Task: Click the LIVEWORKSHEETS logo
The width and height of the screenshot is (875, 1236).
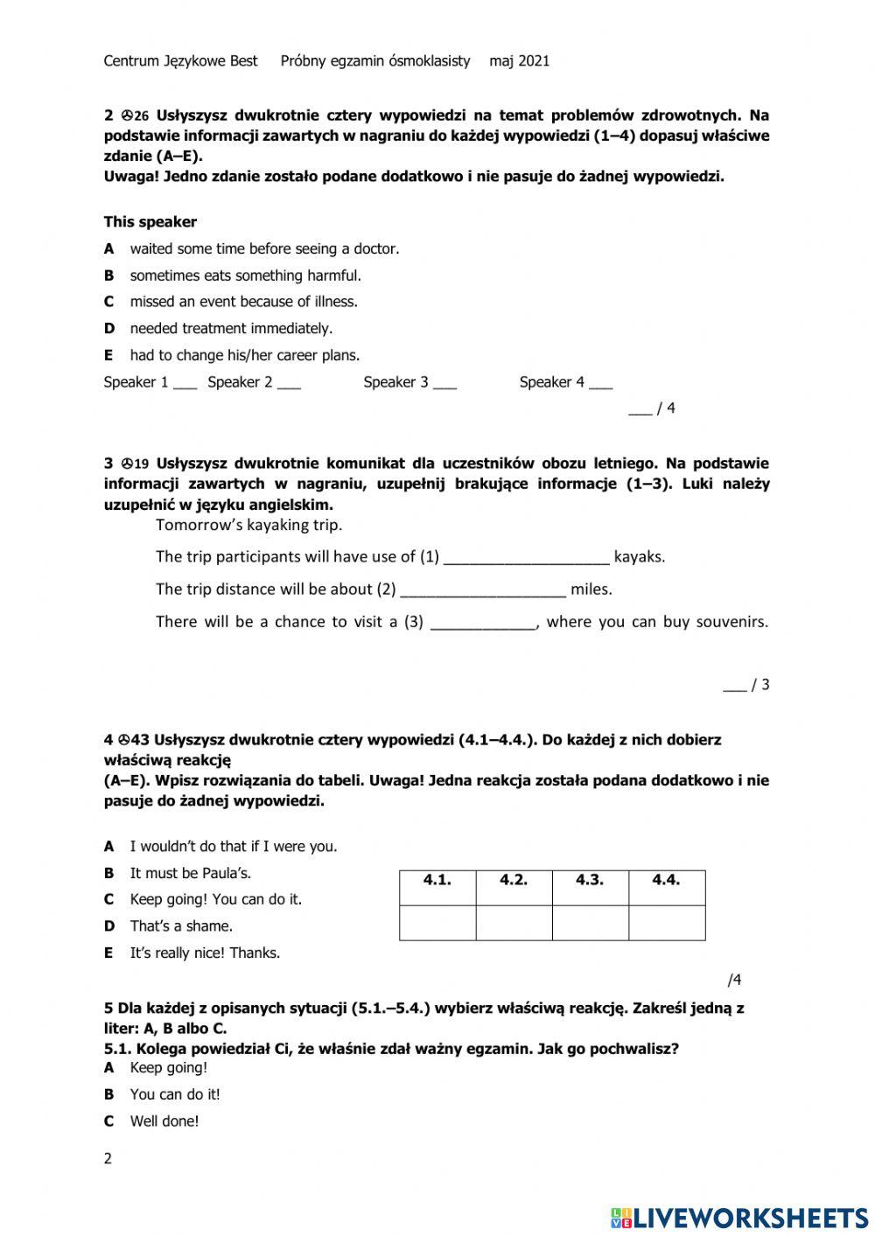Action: [x=739, y=1217]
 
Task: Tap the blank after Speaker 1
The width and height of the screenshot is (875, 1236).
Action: [x=185, y=382]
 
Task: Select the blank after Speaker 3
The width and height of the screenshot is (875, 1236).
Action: [x=444, y=382]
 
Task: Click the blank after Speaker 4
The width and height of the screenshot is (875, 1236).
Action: [x=600, y=382]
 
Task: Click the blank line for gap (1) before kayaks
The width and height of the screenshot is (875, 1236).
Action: [x=526, y=557]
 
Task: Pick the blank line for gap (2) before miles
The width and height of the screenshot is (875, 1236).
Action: [x=482, y=590]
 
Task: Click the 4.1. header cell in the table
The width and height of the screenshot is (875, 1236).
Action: [x=437, y=880]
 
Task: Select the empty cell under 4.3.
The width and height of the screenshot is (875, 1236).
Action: [x=591, y=923]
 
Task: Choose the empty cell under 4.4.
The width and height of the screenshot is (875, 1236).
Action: [x=667, y=923]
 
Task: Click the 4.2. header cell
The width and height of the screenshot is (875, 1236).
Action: [x=514, y=880]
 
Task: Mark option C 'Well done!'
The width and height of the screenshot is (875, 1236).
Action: [x=164, y=1121]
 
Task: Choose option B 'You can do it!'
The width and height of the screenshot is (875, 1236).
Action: [x=174, y=1094]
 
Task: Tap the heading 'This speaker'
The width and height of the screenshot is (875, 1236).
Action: [x=150, y=222]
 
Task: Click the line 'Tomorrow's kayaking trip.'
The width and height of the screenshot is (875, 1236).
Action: [x=248, y=525]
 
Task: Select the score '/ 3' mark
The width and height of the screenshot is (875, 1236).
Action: [x=747, y=685]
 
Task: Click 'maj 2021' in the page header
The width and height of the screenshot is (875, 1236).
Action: [x=520, y=61]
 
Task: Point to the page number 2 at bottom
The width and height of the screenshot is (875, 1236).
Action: [x=108, y=1159]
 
